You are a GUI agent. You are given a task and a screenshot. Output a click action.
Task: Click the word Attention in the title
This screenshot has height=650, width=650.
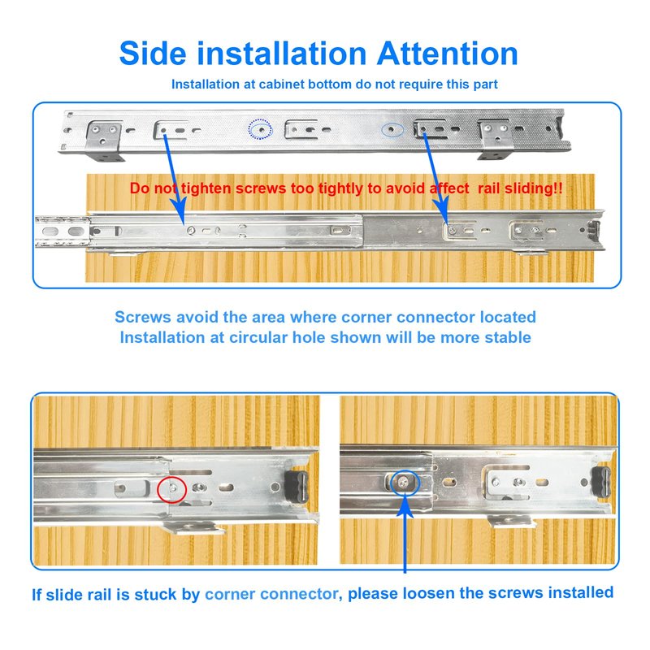pos(448,54)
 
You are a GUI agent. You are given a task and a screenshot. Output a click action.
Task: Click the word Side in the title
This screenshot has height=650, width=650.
pos(153,54)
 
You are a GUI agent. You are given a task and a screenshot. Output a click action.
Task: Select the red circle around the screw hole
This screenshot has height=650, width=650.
pos(171,490)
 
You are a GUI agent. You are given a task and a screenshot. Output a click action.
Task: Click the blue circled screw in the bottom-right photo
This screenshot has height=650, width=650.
pos(404,482)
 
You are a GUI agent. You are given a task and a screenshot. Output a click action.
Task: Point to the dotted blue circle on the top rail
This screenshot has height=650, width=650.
pos(260,129)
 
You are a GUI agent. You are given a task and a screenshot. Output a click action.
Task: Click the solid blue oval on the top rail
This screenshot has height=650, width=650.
pos(392,130)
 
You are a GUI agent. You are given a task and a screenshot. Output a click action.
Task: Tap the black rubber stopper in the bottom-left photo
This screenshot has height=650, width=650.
pos(297,486)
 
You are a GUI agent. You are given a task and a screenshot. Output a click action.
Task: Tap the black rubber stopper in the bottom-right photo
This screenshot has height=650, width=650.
pos(601,481)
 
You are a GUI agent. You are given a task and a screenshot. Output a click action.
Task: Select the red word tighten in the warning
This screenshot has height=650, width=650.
pos(206,188)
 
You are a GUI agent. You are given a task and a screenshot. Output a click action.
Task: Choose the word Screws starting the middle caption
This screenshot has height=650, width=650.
pos(143,317)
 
